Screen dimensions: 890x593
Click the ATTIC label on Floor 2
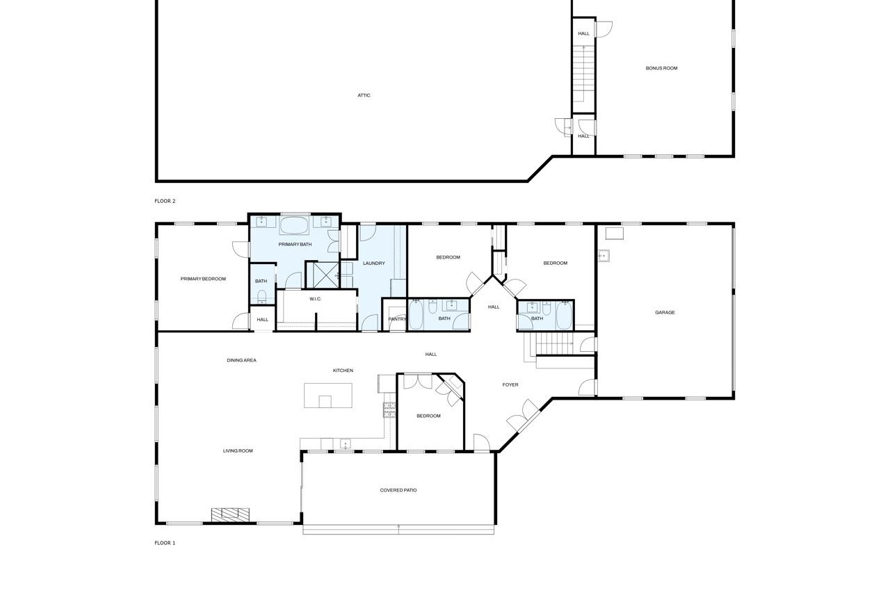pyautogui.click(x=364, y=95)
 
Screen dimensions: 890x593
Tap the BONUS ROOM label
pyautogui.click(x=661, y=68)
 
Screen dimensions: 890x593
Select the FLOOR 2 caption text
pyautogui.click(x=165, y=201)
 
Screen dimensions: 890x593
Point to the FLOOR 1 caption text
pyautogui.click(x=165, y=543)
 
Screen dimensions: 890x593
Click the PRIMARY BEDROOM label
pyautogui.click(x=203, y=279)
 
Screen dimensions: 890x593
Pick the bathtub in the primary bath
pyautogui.click(x=294, y=226)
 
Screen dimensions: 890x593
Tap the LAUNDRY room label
pyautogui.click(x=374, y=263)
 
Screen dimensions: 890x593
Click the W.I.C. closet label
pyautogui.click(x=316, y=299)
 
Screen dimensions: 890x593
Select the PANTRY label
pyautogui.click(x=397, y=319)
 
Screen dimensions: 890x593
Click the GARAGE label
pyautogui.click(x=665, y=313)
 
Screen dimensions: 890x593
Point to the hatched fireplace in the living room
pyautogui.click(x=230, y=514)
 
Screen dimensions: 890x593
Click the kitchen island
pyautogui.click(x=327, y=395)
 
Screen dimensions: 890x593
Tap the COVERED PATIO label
pyautogui.click(x=398, y=490)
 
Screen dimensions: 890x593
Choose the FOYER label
pyautogui.click(x=510, y=385)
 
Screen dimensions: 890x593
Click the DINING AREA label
pyautogui.click(x=241, y=360)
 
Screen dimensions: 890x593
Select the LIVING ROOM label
pyautogui.click(x=238, y=450)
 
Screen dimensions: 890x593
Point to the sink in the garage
pyautogui.click(x=604, y=255)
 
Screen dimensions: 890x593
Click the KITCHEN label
pyautogui.click(x=343, y=371)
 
